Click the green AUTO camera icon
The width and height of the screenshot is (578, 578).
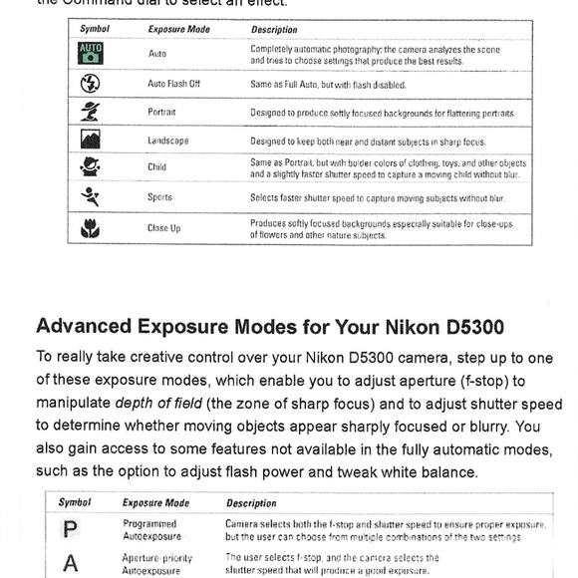(x=91, y=53)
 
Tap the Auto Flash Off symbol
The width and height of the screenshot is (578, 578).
(x=90, y=83)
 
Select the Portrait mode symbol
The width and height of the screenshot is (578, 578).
(x=90, y=112)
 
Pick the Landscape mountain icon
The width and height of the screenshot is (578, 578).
(x=91, y=139)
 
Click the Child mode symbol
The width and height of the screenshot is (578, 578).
(x=90, y=166)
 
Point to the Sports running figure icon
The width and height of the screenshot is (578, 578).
(x=91, y=197)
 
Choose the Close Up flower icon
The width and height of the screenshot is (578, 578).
(x=90, y=228)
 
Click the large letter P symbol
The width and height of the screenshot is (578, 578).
(x=70, y=529)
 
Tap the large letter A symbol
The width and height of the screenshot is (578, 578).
(x=71, y=563)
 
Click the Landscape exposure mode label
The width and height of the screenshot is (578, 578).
(x=168, y=141)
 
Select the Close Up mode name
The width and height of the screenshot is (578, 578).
(x=164, y=228)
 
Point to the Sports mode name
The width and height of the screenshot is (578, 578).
(x=159, y=197)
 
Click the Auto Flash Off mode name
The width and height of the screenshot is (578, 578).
(x=173, y=84)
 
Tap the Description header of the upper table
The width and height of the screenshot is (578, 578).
(x=274, y=30)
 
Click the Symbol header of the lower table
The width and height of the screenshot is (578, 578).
(x=75, y=502)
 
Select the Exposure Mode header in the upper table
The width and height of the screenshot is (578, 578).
(x=179, y=30)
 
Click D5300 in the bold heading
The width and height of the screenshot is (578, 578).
(x=475, y=327)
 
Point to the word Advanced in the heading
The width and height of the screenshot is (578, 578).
(x=84, y=326)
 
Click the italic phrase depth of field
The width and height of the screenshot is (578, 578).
(x=158, y=404)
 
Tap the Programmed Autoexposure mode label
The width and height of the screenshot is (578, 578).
(x=151, y=530)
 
